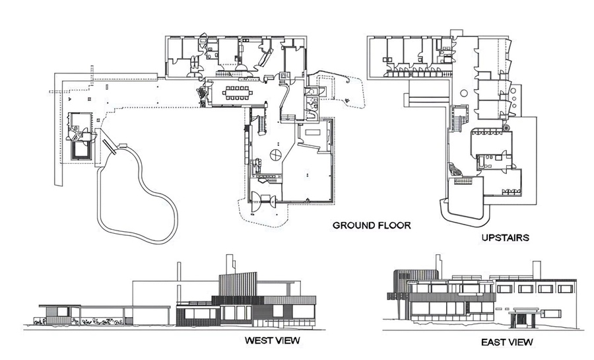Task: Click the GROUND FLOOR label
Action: click(x=372, y=225)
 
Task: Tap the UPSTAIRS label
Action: click(x=505, y=238)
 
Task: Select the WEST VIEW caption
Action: click(x=272, y=340)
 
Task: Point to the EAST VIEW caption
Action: click(x=507, y=342)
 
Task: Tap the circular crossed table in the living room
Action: click(x=275, y=154)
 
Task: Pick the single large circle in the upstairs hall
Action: click(x=465, y=93)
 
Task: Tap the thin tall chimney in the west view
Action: click(x=178, y=271)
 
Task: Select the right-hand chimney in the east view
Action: click(x=537, y=270)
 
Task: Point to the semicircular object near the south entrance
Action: click(x=255, y=201)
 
